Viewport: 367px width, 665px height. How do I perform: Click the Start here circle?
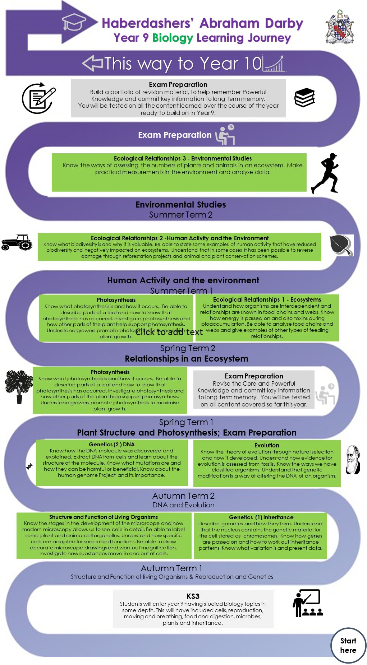348,645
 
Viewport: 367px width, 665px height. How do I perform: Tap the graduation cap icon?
74,22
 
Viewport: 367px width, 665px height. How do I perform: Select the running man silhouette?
326,173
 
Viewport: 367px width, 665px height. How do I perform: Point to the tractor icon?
17,242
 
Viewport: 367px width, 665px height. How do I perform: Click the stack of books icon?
304,97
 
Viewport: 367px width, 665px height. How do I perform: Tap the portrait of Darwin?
353,460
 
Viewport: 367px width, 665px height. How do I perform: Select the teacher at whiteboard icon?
307,603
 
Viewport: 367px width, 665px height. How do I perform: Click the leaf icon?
341,245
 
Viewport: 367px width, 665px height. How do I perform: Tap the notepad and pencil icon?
39,98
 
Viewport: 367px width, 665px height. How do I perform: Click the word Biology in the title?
173,38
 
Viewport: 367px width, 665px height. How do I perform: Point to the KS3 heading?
193,596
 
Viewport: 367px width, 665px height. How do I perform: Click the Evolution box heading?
267,445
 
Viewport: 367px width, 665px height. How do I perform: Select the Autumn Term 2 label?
183,496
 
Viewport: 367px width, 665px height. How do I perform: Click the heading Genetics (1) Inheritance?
261,517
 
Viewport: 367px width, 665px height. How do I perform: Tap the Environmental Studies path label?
180,205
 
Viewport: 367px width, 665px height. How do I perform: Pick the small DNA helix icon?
29,466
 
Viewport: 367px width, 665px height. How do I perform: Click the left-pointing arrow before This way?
93,63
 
